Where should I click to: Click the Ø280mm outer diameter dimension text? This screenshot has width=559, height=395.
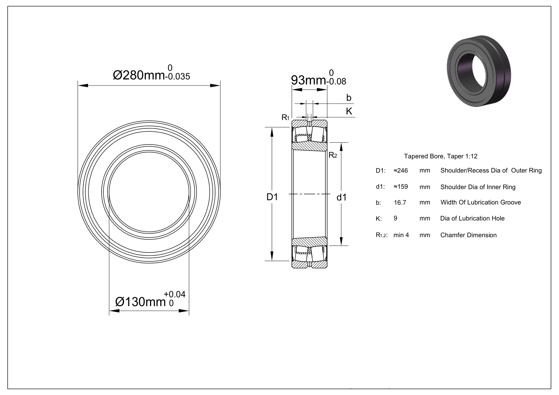tap(139, 75)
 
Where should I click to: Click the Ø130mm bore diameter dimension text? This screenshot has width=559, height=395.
tap(140, 302)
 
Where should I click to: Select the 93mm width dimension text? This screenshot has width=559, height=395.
tap(308, 80)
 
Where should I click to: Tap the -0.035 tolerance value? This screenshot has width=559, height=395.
tap(178, 77)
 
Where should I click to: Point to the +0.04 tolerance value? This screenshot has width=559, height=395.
tap(175, 294)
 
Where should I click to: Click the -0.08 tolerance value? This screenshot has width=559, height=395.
tap(336, 82)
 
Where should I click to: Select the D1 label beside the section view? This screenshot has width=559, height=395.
tap(272, 197)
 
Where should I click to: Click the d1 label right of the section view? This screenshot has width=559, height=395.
tap(342, 198)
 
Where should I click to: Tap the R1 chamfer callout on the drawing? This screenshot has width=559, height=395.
tap(285, 117)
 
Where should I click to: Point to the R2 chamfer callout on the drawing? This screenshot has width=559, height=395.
tap(333, 155)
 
